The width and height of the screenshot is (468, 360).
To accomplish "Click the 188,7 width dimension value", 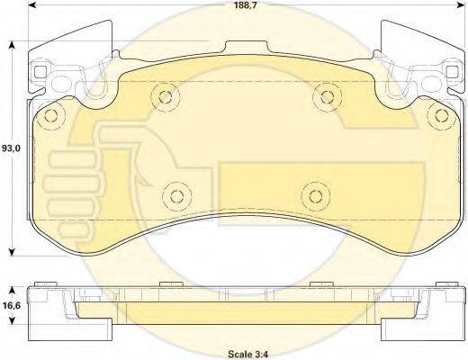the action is (246, 5).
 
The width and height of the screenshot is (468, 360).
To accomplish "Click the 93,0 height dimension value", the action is (12, 148).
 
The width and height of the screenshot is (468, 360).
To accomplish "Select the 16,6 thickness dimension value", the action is (12, 305).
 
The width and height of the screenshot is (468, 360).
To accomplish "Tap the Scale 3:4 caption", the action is (247, 354).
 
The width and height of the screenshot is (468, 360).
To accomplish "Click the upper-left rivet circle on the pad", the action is (166, 96).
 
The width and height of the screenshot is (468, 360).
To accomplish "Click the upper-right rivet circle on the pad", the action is (327, 96).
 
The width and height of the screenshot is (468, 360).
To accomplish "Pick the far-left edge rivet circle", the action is (51, 115).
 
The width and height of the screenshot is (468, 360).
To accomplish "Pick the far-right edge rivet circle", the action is (442, 115).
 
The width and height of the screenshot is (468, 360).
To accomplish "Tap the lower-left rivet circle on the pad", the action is (176, 196).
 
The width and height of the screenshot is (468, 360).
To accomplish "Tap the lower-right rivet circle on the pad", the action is (316, 196).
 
